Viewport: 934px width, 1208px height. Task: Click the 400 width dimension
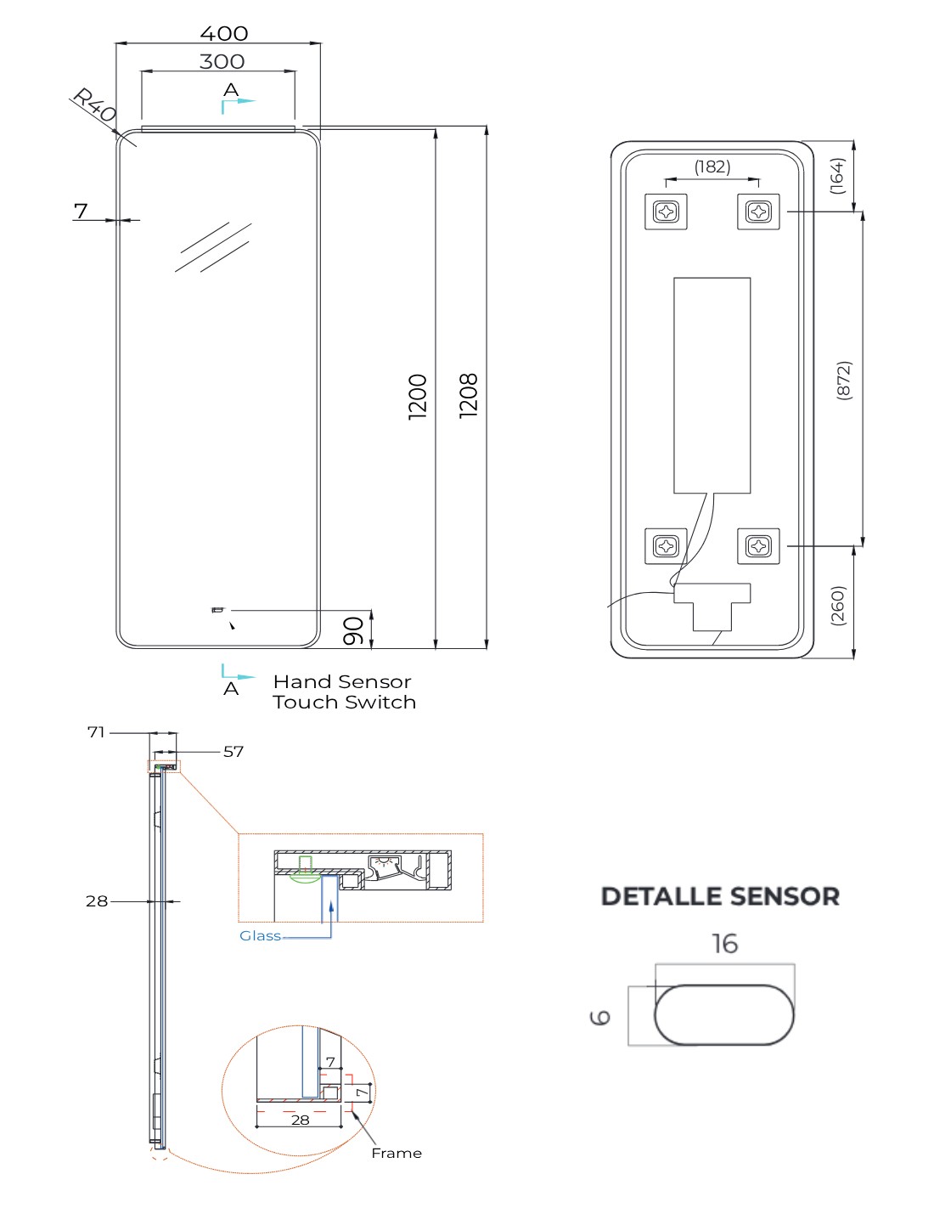(223, 33)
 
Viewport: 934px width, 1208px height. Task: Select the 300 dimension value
(222, 61)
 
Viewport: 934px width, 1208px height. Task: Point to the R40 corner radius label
(94, 104)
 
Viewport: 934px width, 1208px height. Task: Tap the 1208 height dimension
(469, 395)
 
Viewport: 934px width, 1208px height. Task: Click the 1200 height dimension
(418, 396)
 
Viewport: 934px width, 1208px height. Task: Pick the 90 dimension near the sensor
(354, 630)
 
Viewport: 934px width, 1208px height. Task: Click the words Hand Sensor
(341, 681)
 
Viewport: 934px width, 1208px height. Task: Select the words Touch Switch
(344, 703)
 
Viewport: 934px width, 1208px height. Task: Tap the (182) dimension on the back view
(712, 167)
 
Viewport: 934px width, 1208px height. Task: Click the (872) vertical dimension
(844, 380)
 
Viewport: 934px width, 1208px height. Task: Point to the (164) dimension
(837, 176)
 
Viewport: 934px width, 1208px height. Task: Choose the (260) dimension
(838, 605)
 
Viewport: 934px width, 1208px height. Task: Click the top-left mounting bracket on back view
(667, 211)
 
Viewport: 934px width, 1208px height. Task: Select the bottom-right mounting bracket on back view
(758, 545)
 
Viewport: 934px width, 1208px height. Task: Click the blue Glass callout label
(260, 935)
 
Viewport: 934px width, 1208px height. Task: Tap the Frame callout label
(396, 1153)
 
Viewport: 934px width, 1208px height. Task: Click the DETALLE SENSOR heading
(720, 896)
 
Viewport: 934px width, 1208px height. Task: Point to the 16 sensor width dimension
(724, 944)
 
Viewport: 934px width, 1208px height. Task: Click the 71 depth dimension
(96, 731)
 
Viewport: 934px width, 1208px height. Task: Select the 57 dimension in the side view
(233, 751)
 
